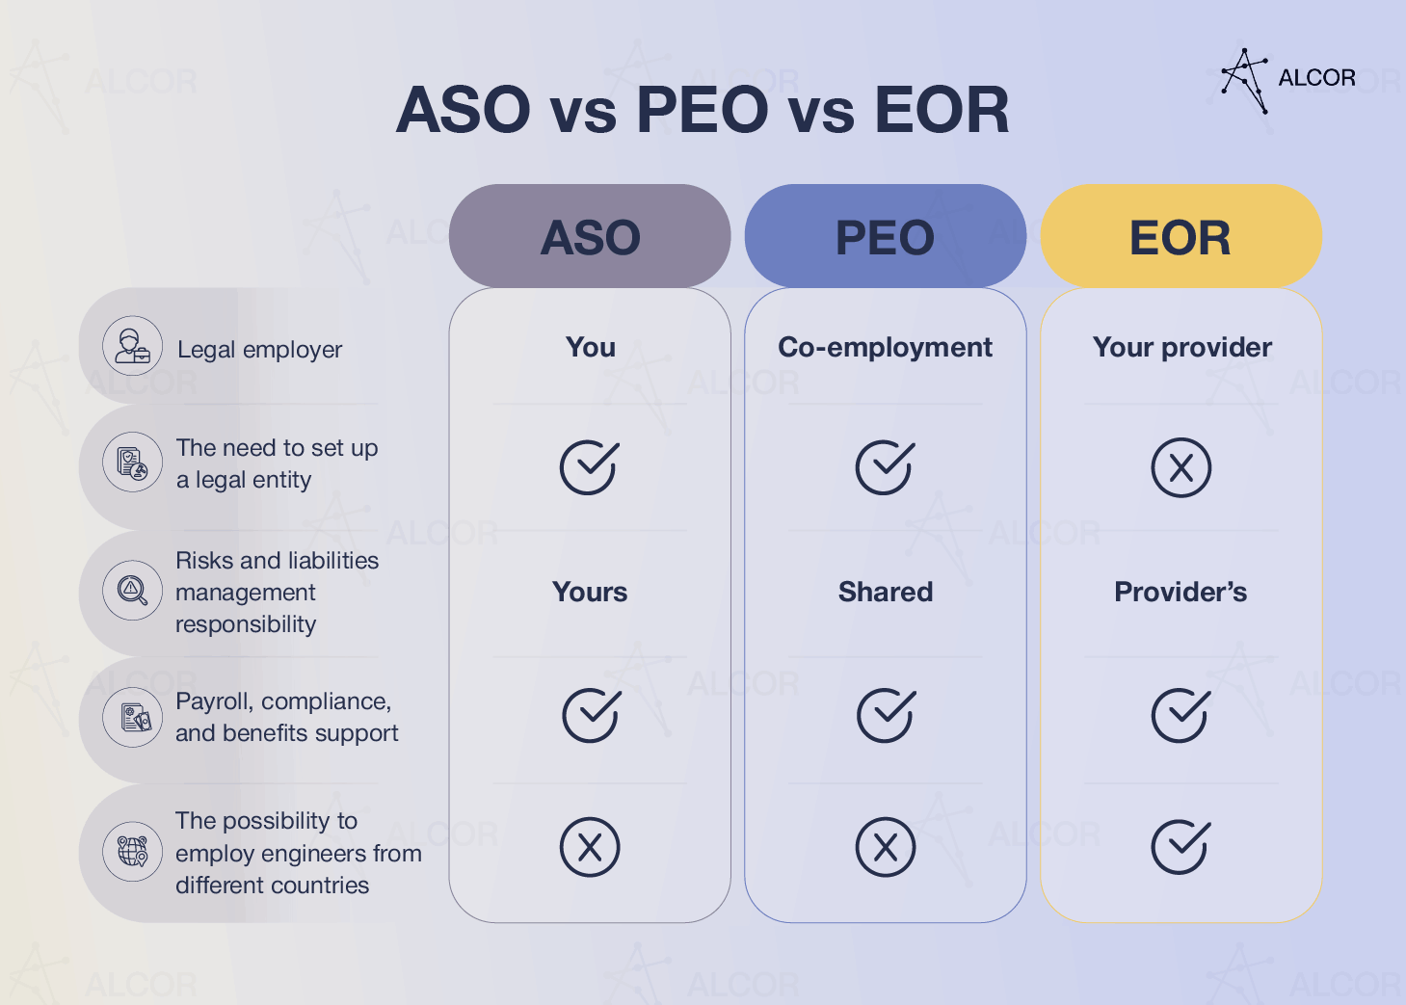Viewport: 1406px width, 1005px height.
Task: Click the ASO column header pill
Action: pyautogui.click(x=590, y=237)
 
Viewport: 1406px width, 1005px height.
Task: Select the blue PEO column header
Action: pyautogui.click(x=885, y=237)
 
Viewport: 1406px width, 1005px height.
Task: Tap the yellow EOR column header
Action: pyautogui.click(x=1181, y=237)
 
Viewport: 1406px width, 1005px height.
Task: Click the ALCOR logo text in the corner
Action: pyautogui.click(x=1316, y=78)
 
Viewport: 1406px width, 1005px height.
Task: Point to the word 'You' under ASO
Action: pyautogui.click(x=590, y=347)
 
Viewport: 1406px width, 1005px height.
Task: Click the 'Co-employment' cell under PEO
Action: pyautogui.click(x=885, y=347)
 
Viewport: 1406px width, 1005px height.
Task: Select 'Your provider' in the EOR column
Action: pyautogui.click(x=1181, y=347)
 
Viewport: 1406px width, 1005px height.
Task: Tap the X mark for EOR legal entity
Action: pyautogui.click(x=1181, y=468)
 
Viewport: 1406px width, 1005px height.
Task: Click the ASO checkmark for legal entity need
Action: pyautogui.click(x=589, y=467)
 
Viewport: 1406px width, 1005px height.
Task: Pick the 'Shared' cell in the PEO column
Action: pyautogui.click(x=885, y=592)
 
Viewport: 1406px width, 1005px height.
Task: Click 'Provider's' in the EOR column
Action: pyautogui.click(x=1181, y=592)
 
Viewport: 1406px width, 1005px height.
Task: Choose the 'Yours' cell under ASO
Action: pyautogui.click(x=590, y=592)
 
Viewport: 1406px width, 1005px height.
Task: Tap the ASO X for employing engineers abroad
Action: pyautogui.click(x=589, y=847)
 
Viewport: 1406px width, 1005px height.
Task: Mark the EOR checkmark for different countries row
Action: pyautogui.click(x=1180, y=847)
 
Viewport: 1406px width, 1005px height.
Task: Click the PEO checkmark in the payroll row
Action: pyautogui.click(x=885, y=715)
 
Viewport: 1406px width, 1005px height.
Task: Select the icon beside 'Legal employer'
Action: pyautogui.click(x=133, y=346)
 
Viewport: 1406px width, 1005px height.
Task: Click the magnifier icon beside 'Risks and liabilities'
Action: pyautogui.click(x=133, y=590)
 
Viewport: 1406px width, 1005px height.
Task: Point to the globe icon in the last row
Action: pyautogui.click(x=133, y=851)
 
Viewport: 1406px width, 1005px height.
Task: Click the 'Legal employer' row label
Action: pyautogui.click(x=259, y=350)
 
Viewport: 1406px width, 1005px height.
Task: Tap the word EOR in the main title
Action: pyautogui.click(x=942, y=110)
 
